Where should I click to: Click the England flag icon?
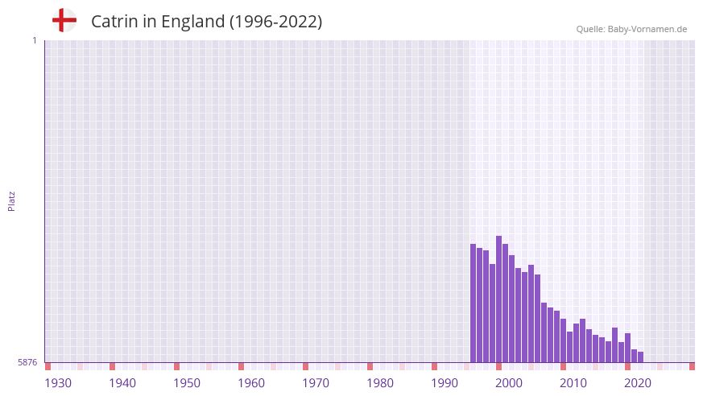pos(64,20)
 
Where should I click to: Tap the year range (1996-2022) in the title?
pos(275,22)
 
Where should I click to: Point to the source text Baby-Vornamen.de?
pos(647,29)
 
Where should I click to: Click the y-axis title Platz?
pos(11,200)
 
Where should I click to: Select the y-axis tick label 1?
pos(34,40)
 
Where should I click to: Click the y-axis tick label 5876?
pos(27,363)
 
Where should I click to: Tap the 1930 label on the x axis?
pos(58,383)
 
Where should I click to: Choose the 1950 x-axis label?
pos(187,383)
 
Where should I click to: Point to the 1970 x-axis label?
pos(316,383)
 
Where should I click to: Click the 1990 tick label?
pos(445,383)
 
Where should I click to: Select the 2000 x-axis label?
pos(509,383)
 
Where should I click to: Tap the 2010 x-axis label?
pos(573,383)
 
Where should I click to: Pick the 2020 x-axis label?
pos(638,383)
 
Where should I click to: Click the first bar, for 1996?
pos(473,303)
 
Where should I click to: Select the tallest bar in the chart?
pos(499,299)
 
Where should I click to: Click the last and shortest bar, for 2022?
pos(641,357)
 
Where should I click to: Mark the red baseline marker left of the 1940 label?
pos(113,366)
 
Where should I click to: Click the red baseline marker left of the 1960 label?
pos(242,366)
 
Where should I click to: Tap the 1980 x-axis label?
pos(380,383)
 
